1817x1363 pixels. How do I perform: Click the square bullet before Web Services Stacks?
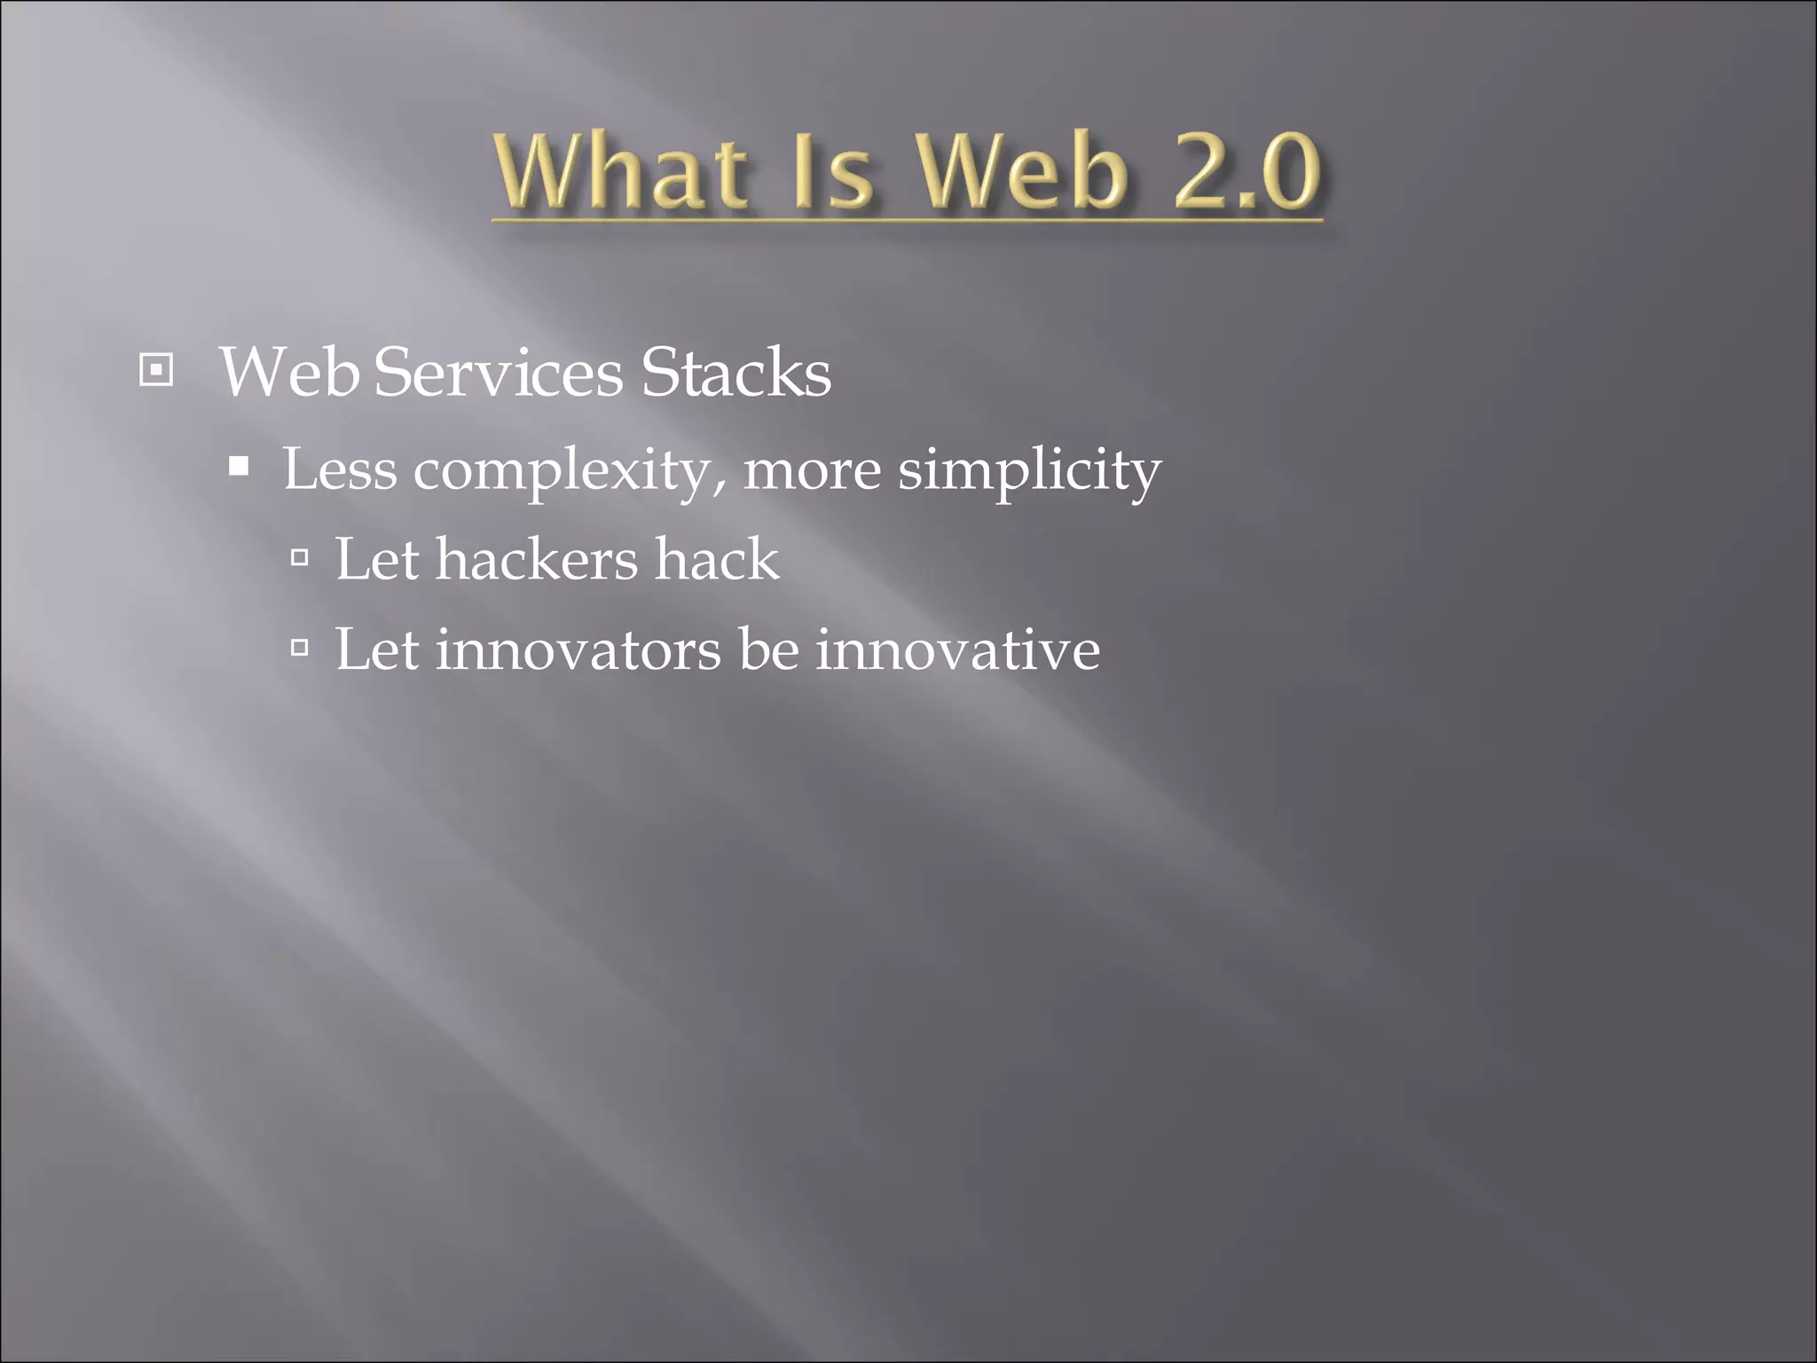(156, 370)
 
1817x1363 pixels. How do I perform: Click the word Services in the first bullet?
(499, 373)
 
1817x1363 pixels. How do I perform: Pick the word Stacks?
(735, 373)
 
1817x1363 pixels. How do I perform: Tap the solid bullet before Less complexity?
(238, 467)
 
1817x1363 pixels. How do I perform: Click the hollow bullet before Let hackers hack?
(300, 558)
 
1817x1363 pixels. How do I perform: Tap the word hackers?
(537, 560)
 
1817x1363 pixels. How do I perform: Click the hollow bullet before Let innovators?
(300, 649)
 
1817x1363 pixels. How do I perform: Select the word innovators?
(578, 650)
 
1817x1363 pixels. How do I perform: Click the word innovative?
(958, 650)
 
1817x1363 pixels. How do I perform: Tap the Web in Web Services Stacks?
(289, 373)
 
